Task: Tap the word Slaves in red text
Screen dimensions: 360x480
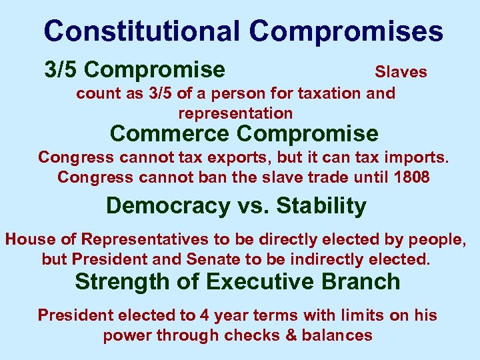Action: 401,71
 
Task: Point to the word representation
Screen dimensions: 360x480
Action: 235,113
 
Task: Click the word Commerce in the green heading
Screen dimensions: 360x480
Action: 169,133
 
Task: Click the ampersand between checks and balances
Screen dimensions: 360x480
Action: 291,335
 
